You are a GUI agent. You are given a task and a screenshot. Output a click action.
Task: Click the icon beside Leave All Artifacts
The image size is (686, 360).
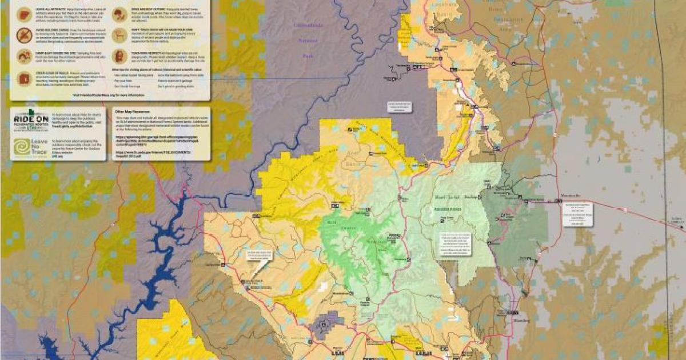(x=25, y=14)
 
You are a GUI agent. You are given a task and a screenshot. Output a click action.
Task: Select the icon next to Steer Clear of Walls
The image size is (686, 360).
(x=25, y=78)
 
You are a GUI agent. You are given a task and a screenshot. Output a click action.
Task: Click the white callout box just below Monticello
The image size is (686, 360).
(x=577, y=215)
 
